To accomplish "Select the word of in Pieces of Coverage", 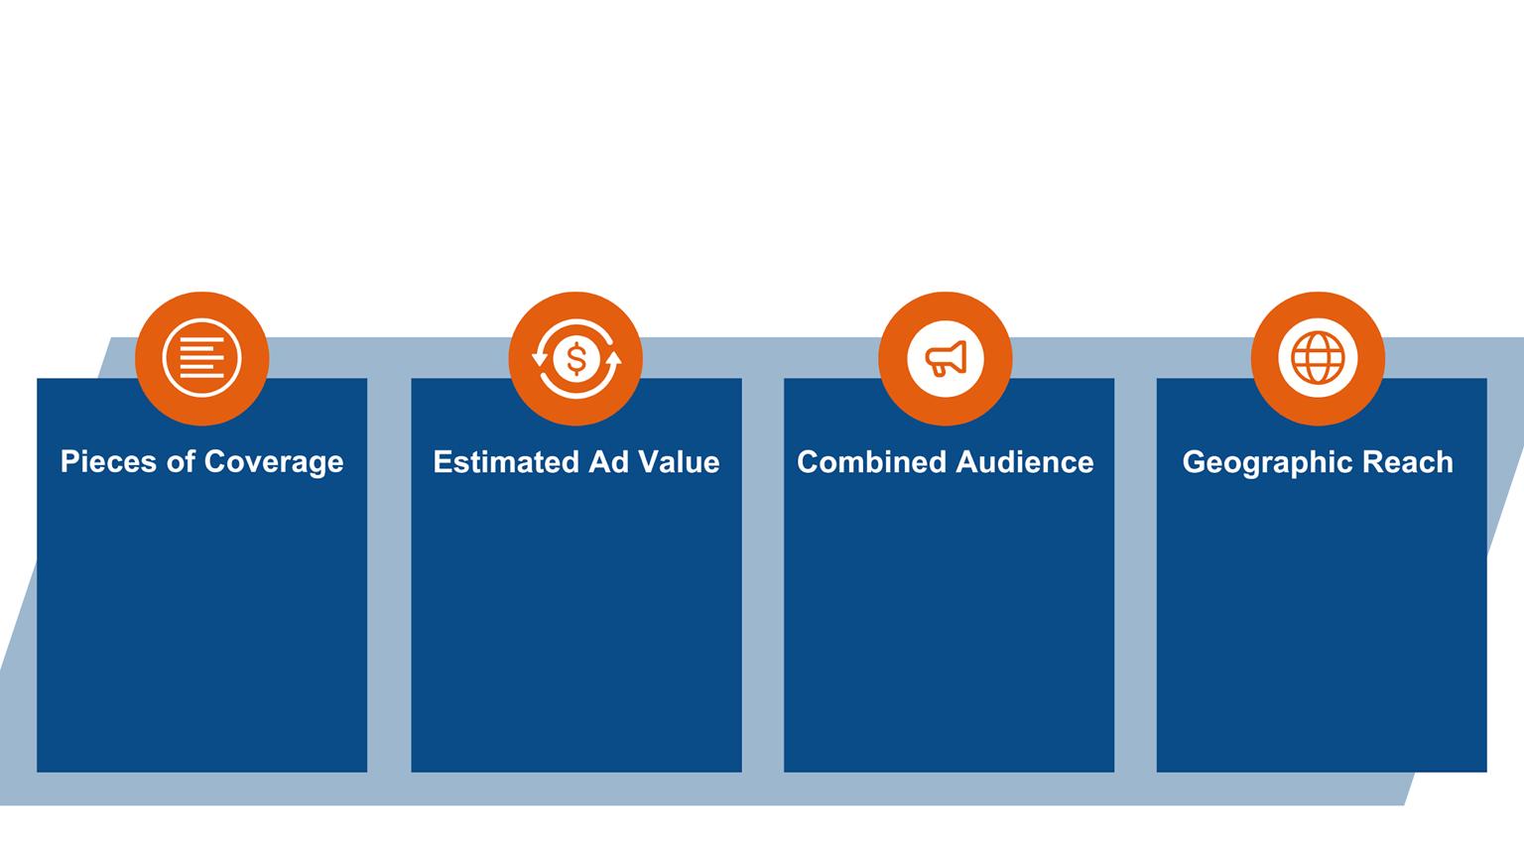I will click(183, 462).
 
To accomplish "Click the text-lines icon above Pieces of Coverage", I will click(201, 358).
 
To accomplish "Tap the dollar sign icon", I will click(575, 358).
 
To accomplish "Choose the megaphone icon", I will click(946, 358).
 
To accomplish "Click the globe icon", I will click(1318, 358).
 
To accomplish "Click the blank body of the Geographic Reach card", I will click(1322, 625).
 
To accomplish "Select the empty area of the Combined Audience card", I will click(949, 625).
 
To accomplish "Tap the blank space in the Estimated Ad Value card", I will click(575, 625).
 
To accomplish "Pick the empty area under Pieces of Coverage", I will click(201, 625).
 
